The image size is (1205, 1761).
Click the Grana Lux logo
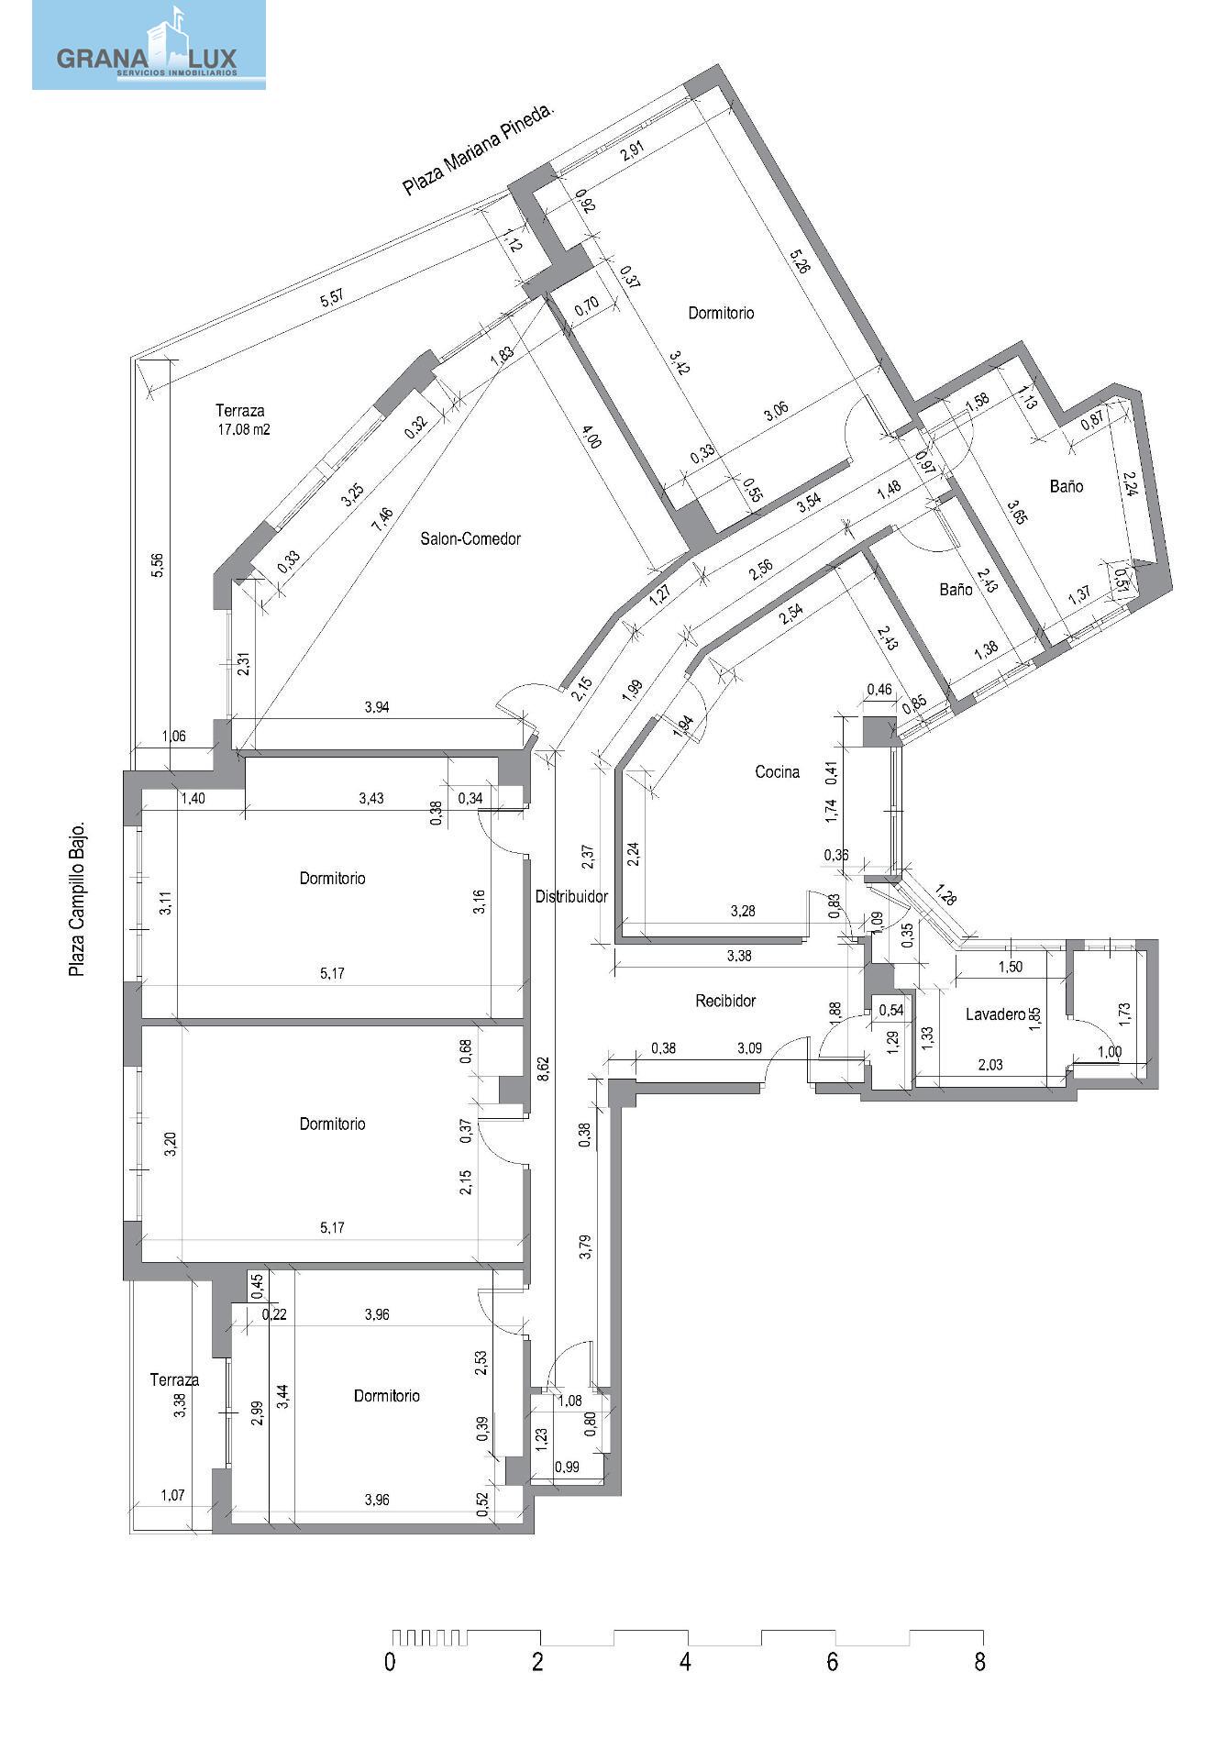click(x=149, y=45)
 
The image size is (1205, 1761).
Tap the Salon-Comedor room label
click(x=470, y=538)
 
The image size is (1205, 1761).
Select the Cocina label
click(x=777, y=771)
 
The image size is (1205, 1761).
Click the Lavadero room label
click(x=995, y=1014)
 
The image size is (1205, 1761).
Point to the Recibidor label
click(x=725, y=1001)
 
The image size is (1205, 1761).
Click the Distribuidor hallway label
click(x=571, y=896)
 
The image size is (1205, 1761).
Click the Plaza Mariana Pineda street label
click(x=480, y=150)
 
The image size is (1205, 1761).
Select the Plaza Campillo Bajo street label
click(x=77, y=899)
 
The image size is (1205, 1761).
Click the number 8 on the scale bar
click(x=980, y=1661)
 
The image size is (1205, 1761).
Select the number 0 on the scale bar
click(x=391, y=1661)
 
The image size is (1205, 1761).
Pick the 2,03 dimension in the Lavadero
click(x=989, y=1065)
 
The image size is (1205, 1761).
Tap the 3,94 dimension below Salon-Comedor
click(x=377, y=706)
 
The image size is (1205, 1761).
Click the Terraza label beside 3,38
click(x=174, y=1379)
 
